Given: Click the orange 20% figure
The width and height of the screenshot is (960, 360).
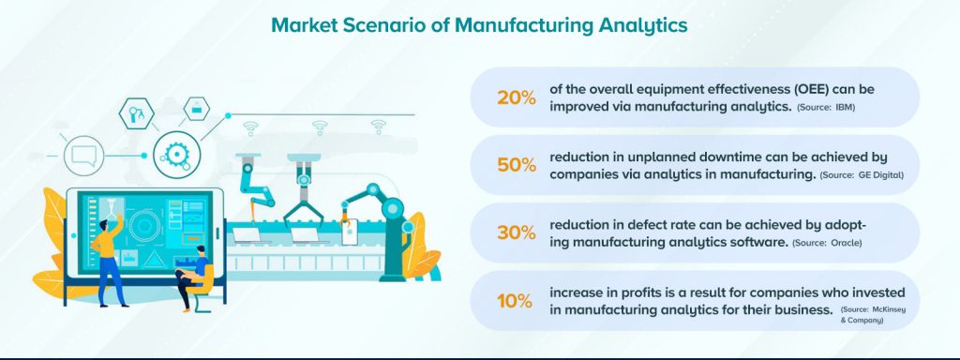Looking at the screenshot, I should coord(516,97).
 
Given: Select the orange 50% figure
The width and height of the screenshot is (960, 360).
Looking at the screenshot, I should coord(516,165).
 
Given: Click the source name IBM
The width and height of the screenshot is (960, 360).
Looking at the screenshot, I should coord(845,109).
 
